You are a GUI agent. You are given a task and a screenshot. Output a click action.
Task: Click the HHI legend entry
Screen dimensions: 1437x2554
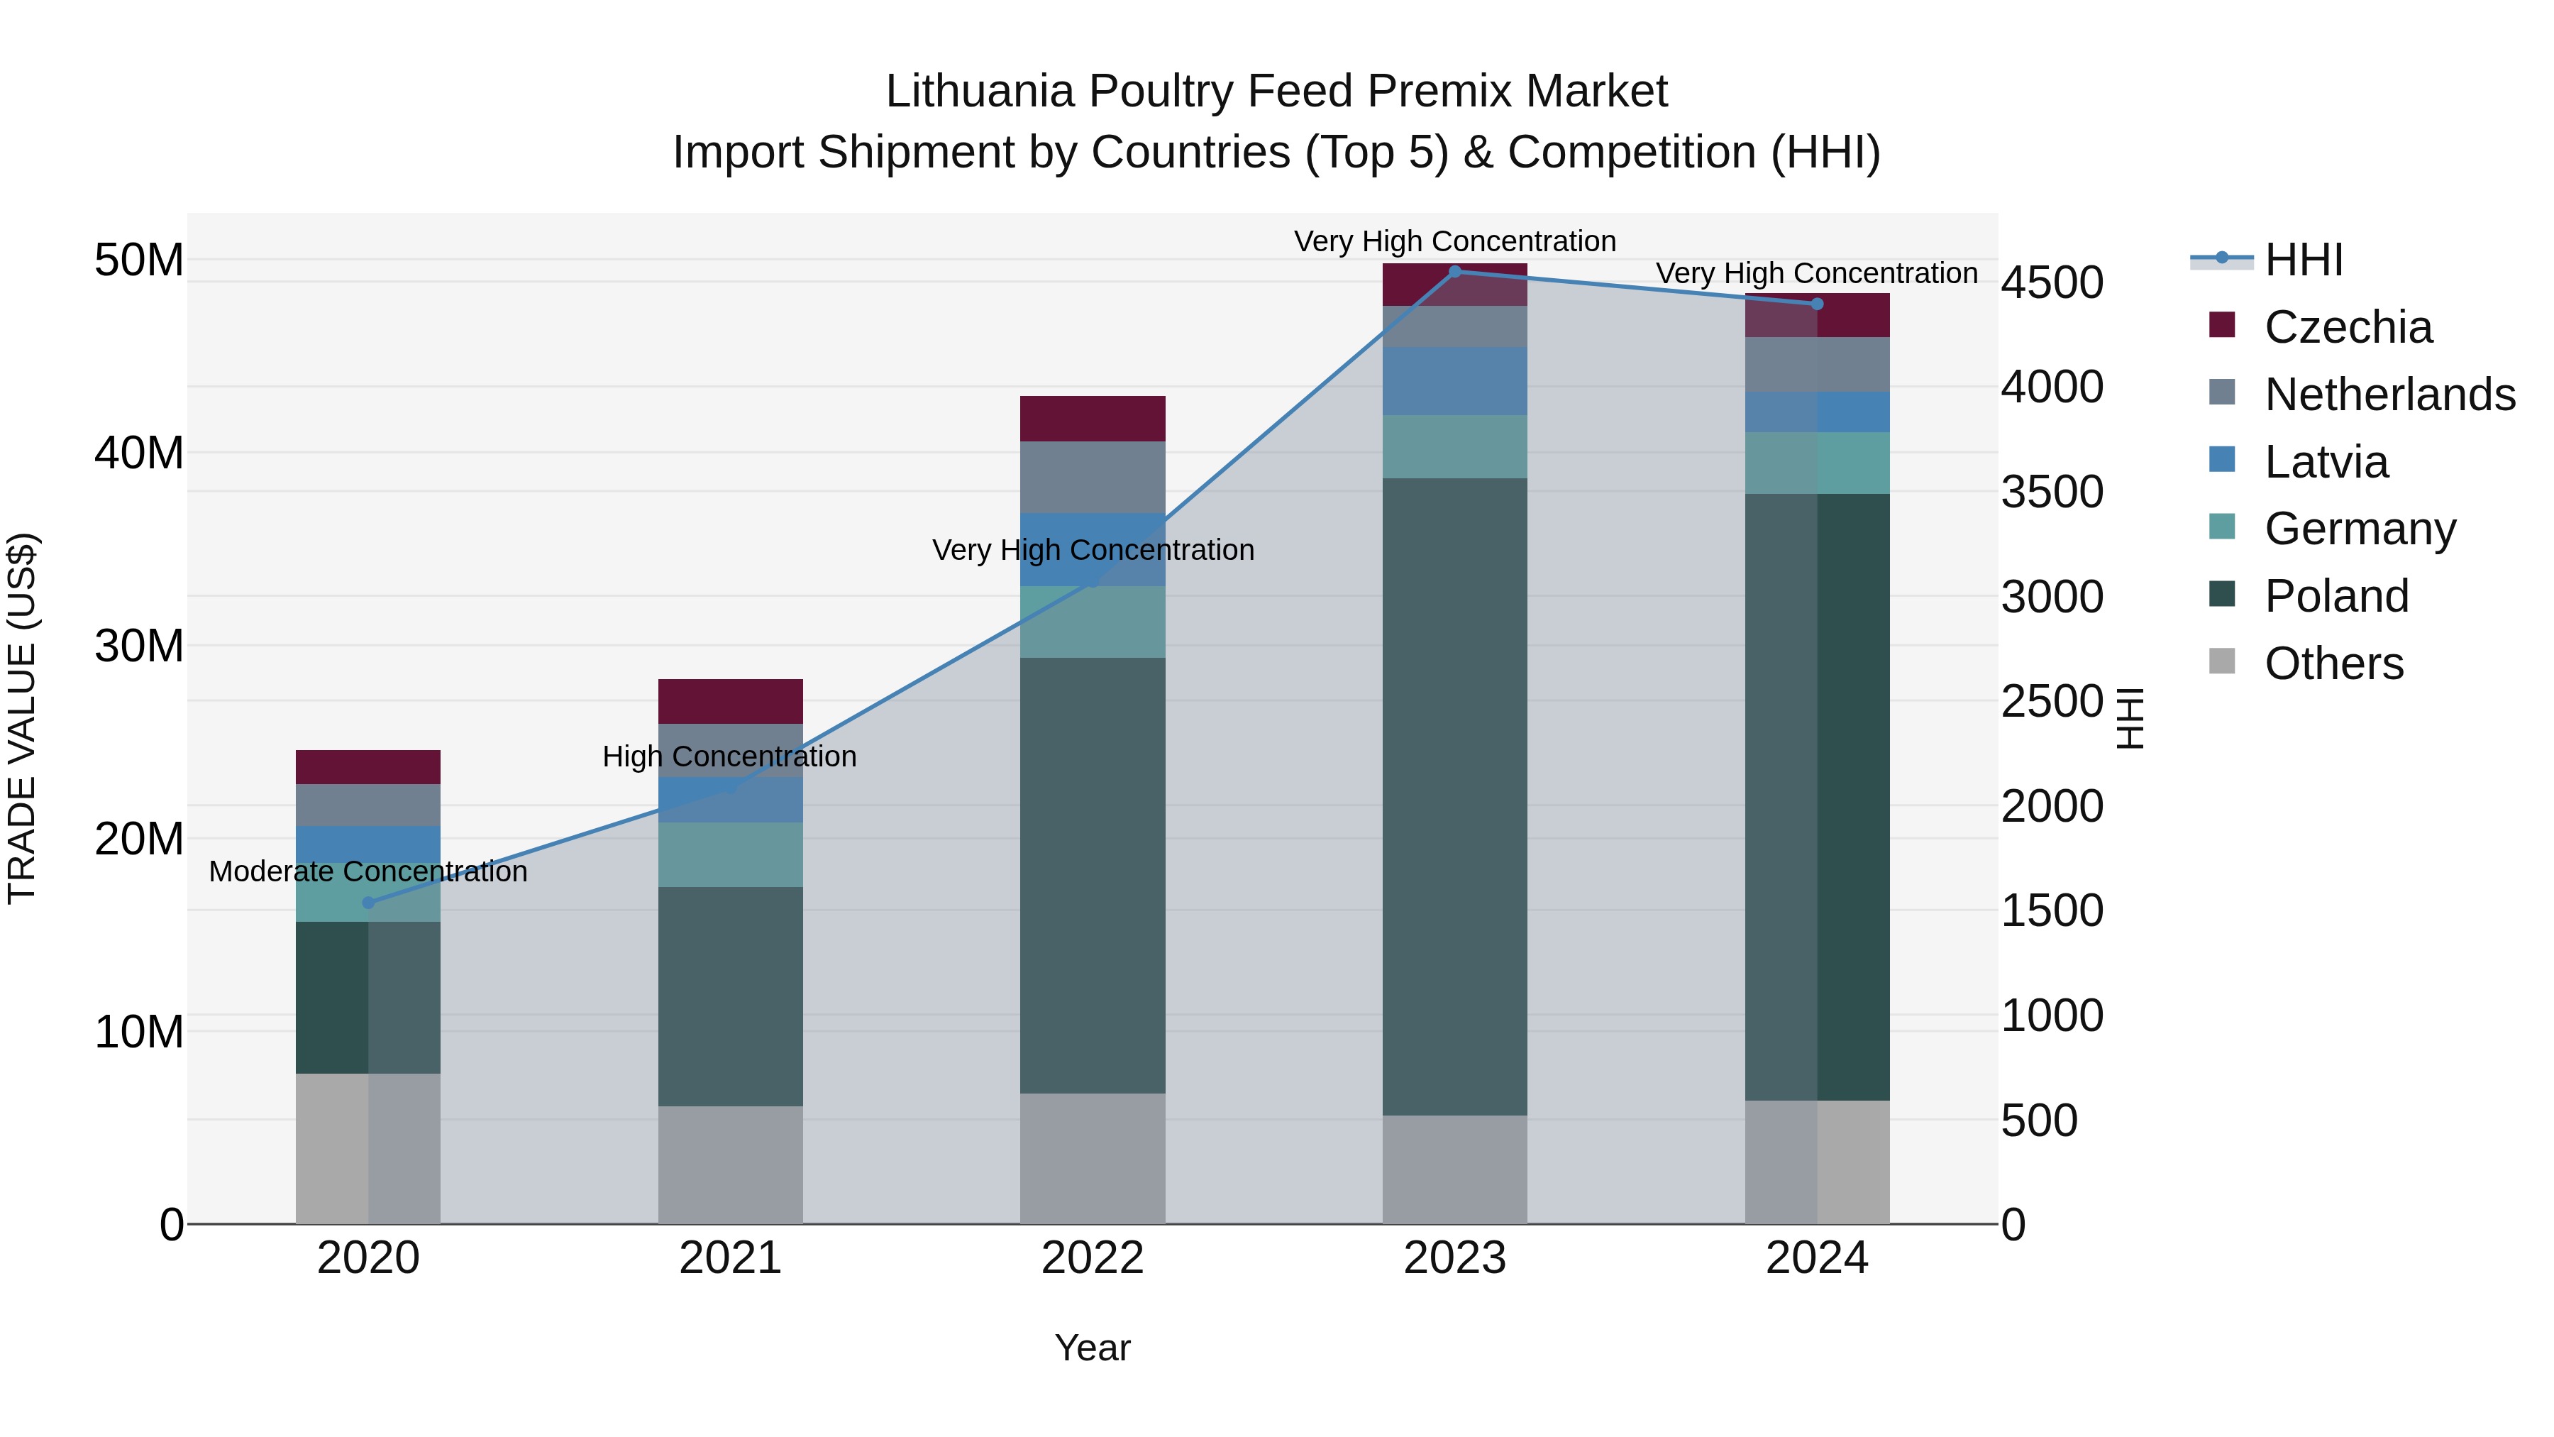coord(2303,260)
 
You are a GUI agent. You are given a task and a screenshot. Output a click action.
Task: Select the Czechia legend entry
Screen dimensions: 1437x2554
coord(2348,327)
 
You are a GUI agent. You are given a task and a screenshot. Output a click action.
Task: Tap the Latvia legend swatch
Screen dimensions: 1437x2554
coord(2222,460)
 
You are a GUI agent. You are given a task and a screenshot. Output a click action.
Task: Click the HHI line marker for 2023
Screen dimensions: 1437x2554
coord(1454,272)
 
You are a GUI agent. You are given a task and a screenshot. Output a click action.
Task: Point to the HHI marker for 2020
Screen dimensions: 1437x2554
coord(369,903)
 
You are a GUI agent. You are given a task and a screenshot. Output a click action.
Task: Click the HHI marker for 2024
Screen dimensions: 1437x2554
coord(1816,304)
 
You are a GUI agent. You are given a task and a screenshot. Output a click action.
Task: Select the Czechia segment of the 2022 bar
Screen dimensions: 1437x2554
coord(1093,419)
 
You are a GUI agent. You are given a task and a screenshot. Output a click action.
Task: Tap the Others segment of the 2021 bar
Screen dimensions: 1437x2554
coord(731,1165)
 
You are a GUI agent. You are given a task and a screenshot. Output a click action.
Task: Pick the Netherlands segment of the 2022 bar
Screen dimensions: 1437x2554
coord(1093,477)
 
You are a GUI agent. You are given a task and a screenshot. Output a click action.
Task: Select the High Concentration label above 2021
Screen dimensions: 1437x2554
coord(730,756)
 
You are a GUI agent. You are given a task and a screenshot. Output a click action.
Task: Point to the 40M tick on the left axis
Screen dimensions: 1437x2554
coord(139,453)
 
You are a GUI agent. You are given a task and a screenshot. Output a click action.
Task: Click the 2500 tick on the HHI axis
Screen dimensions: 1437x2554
coord(2051,701)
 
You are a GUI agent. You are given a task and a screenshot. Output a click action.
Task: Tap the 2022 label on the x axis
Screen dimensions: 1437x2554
coord(1093,1258)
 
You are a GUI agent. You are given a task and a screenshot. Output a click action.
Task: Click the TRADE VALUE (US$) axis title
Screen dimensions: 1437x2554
coord(23,718)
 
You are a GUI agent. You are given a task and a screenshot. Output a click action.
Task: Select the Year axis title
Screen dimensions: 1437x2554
coord(1093,1348)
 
